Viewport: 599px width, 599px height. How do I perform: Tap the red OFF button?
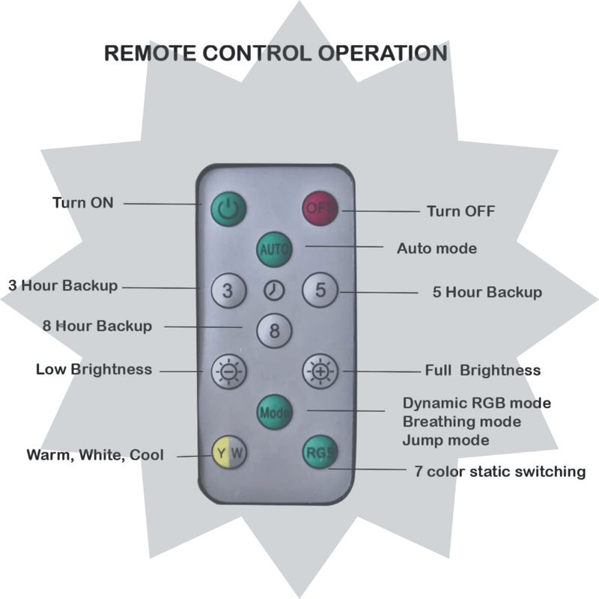320,208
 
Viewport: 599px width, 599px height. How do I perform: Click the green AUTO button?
274,249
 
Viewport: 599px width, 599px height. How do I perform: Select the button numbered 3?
228,291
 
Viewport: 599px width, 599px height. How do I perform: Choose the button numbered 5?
320,291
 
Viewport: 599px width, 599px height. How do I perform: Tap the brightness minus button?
228,370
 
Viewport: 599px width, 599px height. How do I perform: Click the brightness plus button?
320,370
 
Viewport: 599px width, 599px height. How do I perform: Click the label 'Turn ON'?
83,202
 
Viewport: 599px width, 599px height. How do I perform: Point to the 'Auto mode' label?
437,248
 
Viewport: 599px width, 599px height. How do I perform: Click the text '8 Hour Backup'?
97,326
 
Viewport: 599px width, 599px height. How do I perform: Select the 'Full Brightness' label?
483,371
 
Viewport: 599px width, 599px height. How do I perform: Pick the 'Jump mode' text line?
446,440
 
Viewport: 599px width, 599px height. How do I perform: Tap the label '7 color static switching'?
499,472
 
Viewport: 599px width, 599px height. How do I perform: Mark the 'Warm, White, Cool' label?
95,455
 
